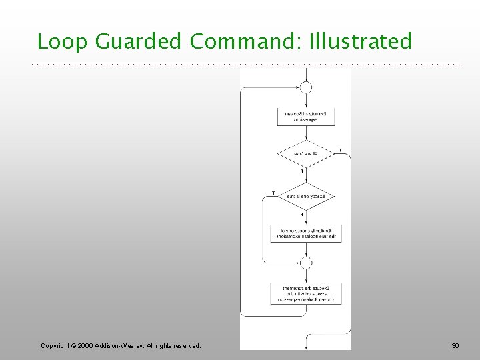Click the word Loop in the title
point(63,42)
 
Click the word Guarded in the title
point(138,42)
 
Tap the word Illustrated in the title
point(361,42)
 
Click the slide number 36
point(455,345)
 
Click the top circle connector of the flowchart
point(305,87)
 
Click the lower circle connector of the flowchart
point(305,263)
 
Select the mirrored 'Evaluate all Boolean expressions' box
point(305,117)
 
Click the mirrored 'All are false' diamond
point(305,154)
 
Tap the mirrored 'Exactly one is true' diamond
point(305,197)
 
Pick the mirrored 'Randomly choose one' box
point(305,233)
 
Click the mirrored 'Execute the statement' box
point(305,293)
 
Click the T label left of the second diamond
point(273,193)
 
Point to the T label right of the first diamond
point(340,150)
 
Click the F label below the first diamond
point(301,172)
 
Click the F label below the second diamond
point(301,215)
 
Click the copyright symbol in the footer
point(75,345)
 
